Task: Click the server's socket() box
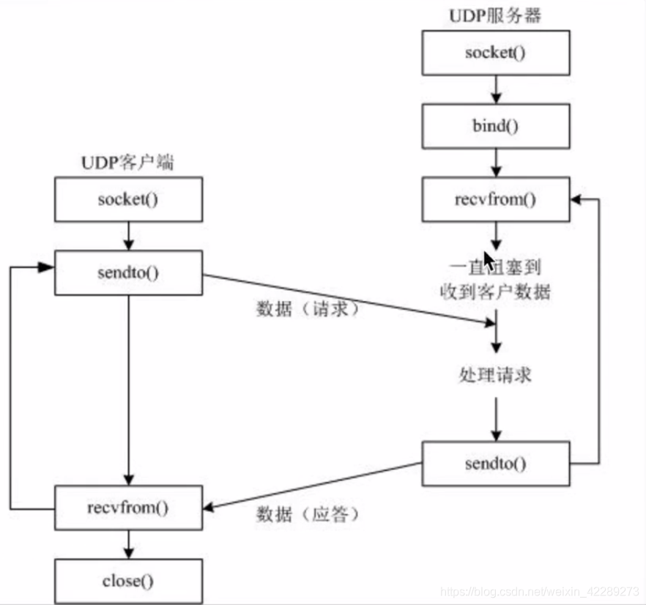pyautogui.click(x=495, y=53)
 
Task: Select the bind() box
pyautogui.click(x=495, y=125)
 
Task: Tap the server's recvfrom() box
pyautogui.click(x=495, y=198)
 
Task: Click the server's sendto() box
pyautogui.click(x=495, y=463)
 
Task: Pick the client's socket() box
pyautogui.click(x=128, y=198)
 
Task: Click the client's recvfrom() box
pyautogui.click(x=128, y=507)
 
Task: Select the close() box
pyautogui.click(x=128, y=581)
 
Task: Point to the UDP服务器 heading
pyautogui.click(x=495, y=15)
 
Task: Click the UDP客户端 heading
pyautogui.click(x=128, y=163)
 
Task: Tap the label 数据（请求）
pyautogui.click(x=308, y=309)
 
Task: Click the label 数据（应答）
pyautogui.click(x=308, y=514)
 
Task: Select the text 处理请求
pyautogui.click(x=495, y=375)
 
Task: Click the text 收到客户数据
pyautogui.click(x=490, y=292)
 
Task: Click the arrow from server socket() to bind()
pyautogui.click(x=495, y=89)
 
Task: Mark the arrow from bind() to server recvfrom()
pyautogui.click(x=495, y=162)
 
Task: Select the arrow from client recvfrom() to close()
pyautogui.click(x=128, y=543)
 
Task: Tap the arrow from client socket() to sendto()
pyautogui.click(x=128, y=235)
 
